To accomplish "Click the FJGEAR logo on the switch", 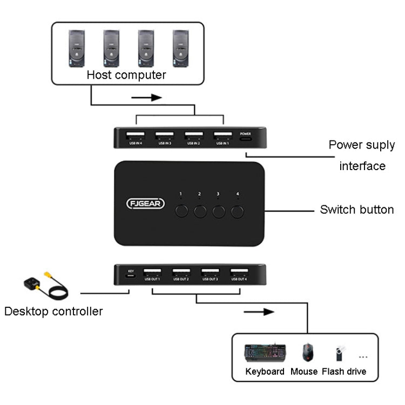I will point(145,204).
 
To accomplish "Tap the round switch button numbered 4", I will point(238,211).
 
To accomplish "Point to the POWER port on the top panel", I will point(246,138).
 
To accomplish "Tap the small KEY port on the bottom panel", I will point(130,276).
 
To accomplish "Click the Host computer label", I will point(126,75).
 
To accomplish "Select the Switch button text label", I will point(356,210).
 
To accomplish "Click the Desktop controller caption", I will point(53,312).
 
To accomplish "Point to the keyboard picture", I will point(264,353).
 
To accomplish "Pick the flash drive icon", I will point(338,354).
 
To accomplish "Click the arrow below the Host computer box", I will point(147,98).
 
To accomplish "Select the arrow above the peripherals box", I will point(259,312).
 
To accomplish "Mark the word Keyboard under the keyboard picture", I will point(265,372).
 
